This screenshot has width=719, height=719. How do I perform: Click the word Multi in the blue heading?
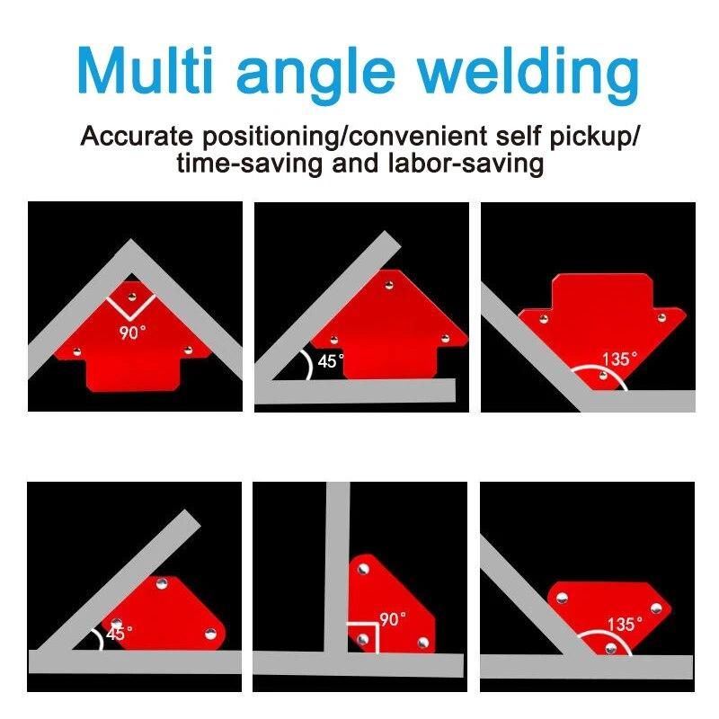tap(146, 70)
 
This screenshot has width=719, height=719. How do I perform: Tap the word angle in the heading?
tap(315, 75)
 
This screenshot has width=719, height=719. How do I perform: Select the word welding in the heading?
tap(528, 75)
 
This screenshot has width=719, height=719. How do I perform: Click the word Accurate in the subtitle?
tap(137, 136)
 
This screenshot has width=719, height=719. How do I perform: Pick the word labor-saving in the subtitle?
tap(466, 164)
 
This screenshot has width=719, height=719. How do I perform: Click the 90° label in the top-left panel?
tap(132, 332)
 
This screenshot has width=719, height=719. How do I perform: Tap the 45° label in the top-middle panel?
tap(331, 361)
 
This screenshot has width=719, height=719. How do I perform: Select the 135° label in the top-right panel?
tap(619, 358)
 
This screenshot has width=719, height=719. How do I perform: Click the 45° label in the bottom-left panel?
tap(120, 634)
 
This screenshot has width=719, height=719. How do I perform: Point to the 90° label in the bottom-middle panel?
tap(393, 619)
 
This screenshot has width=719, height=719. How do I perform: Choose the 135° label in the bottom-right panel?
tap(625, 624)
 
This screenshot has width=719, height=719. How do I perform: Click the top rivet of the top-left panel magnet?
tap(132, 297)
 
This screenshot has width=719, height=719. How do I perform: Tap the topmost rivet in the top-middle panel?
tap(389, 285)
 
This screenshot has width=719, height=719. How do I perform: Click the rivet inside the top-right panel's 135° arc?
tap(603, 376)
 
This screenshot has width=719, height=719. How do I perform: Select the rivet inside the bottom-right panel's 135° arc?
tap(611, 648)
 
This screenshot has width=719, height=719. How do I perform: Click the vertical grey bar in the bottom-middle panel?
tap(338, 568)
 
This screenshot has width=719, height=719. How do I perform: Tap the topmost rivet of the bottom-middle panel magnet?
tap(363, 569)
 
